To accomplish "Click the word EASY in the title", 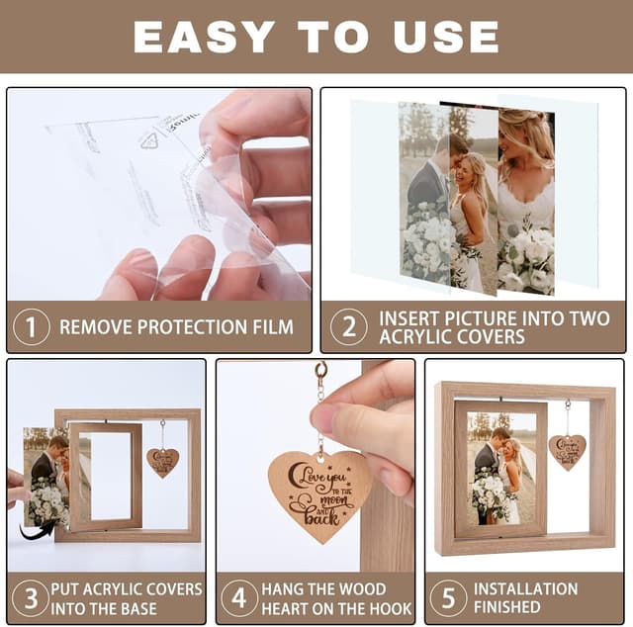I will [x=201, y=37].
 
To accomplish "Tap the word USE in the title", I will [x=444, y=37].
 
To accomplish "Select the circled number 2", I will [x=347, y=326].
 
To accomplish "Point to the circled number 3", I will [x=30, y=598].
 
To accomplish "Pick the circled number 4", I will [x=238, y=598].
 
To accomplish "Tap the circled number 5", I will [x=448, y=598].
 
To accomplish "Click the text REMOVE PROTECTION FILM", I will [x=176, y=326].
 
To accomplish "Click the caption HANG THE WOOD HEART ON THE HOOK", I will [x=336, y=598].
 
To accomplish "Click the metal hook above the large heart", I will [x=320, y=373].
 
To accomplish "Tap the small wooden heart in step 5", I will [x=567, y=451].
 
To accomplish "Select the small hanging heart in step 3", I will [x=162, y=462].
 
